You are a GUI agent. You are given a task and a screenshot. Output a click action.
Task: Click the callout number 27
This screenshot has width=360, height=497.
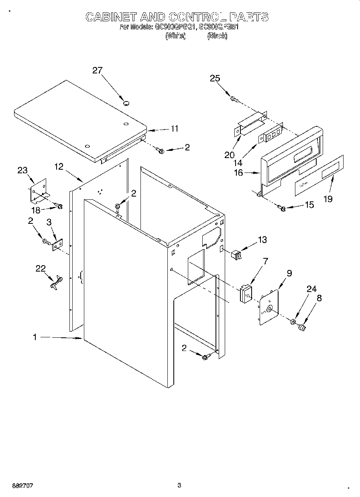tap(98, 70)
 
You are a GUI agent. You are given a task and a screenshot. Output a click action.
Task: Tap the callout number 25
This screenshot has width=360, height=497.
tap(215, 78)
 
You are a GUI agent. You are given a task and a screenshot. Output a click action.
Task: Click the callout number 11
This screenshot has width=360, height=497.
tap(174, 129)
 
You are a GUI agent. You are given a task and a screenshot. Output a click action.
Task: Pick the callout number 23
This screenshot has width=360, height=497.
tap(22, 170)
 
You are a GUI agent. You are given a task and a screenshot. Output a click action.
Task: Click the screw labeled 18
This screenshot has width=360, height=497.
tap(59, 207)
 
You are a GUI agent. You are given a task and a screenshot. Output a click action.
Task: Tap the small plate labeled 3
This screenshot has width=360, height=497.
tap(57, 245)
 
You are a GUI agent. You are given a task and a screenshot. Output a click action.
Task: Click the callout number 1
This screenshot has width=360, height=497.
tap(35, 338)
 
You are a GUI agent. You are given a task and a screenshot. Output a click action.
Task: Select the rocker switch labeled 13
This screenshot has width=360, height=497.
tap(237, 254)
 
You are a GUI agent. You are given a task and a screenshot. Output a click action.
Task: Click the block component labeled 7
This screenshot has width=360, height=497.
tap(246, 294)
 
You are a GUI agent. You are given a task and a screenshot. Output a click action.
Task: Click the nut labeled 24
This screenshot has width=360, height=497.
tap(293, 322)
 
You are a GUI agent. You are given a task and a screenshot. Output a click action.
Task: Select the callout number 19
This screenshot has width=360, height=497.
tap(328, 199)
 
